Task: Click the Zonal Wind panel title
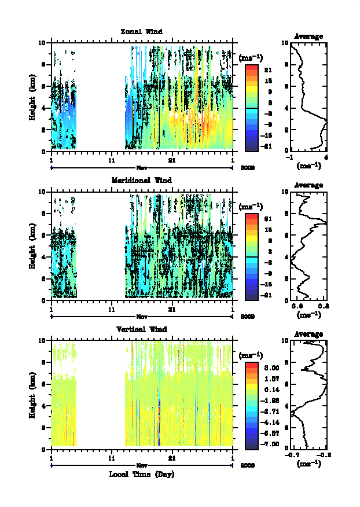[141, 31]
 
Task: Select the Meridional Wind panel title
[141, 180]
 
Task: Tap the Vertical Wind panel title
[141, 329]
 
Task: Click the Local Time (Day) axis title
[142, 475]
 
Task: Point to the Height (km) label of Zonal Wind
[33, 97]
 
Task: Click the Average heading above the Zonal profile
[308, 36]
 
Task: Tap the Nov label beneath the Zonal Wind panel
[142, 167]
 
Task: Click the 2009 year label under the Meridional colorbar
[247, 317]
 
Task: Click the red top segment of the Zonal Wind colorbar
[251, 68]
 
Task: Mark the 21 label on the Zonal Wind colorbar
[268, 70]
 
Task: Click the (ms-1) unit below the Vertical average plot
[308, 464]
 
